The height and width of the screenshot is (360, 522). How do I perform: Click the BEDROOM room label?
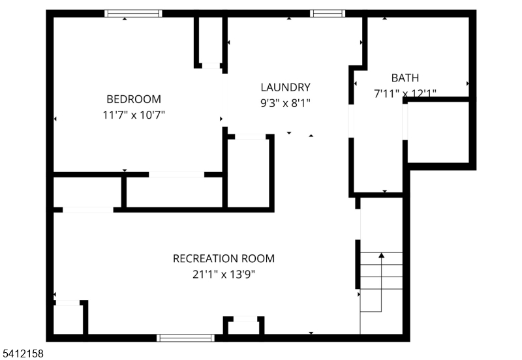pyautogui.click(x=134, y=99)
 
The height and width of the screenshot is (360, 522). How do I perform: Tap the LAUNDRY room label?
pyautogui.click(x=285, y=87)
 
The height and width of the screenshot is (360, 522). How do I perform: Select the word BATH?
pyautogui.click(x=405, y=78)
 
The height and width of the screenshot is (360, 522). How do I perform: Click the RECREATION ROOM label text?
pyautogui.click(x=224, y=258)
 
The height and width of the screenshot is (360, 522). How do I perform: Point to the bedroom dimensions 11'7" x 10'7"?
pyautogui.click(x=134, y=115)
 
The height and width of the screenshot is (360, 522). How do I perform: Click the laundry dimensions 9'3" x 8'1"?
pyautogui.click(x=285, y=103)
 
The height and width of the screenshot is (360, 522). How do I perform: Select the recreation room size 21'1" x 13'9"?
pyautogui.click(x=224, y=275)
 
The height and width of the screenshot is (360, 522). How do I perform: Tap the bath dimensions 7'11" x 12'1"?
pyautogui.click(x=405, y=93)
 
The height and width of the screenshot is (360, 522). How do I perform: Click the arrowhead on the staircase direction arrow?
pyautogui.click(x=382, y=255)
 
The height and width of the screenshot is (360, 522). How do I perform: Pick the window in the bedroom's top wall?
pyautogui.click(x=133, y=13)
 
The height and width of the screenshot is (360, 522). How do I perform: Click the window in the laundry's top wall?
pyautogui.click(x=328, y=13)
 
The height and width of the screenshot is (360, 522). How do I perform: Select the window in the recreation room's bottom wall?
pyautogui.click(x=186, y=338)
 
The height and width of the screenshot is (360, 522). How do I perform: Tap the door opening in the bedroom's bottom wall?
pyautogui.click(x=176, y=175)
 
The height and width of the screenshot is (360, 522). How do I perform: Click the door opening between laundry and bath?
pyautogui.click(x=351, y=121)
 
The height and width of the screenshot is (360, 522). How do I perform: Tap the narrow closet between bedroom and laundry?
pyautogui.click(x=210, y=39)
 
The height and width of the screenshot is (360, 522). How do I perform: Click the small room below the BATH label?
pyautogui.click(x=438, y=132)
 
